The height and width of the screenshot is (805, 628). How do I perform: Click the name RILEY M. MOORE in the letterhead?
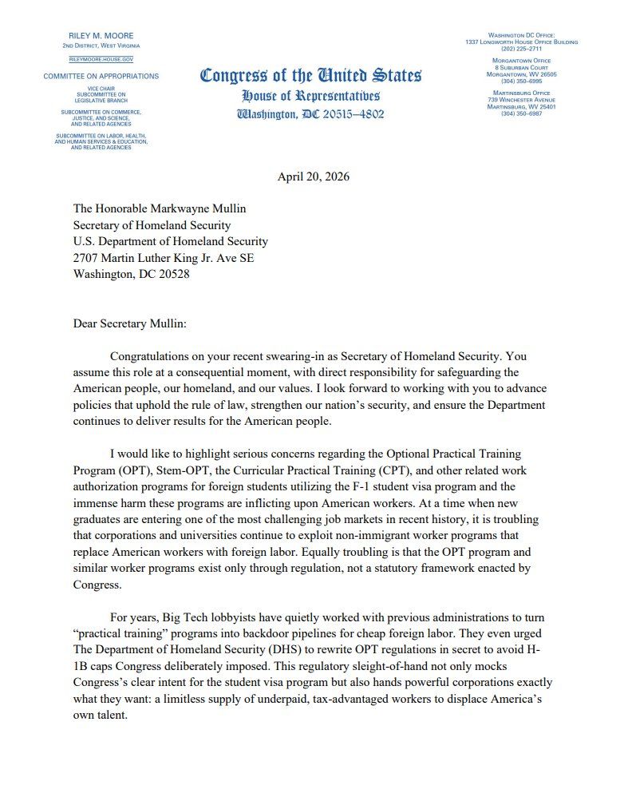pyautogui.click(x=101, y=36)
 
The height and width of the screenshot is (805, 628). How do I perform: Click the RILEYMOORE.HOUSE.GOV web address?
pyautogui.click(x=101, y=59)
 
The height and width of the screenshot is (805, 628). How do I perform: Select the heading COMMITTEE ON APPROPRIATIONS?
pyautogui.click(x=101, y=77)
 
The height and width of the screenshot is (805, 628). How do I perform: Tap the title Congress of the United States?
pyautogui.click(x=310, y=76)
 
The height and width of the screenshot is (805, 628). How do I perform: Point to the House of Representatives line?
pyautogui.click(x=310, y=96)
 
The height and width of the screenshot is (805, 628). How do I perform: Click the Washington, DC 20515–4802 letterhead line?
pyautogui.click(x=310, y=114)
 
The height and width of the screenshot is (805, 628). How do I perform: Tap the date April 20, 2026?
pyautogui.click(x=313, y=176)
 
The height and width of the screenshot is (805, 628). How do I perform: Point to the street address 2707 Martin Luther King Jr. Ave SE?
pyautogui.click(x=164, y=257)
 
